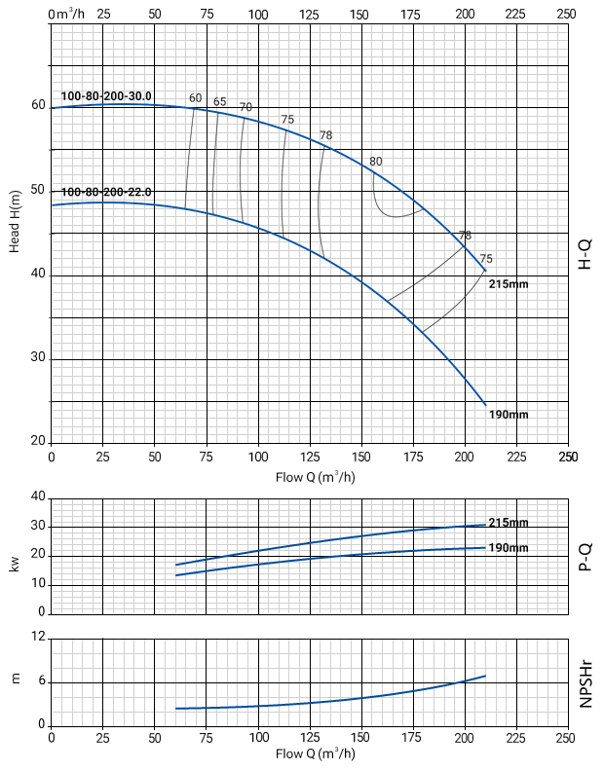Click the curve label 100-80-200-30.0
pos(106,96)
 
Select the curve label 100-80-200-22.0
pos(106,192)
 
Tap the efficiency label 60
pos(195,98)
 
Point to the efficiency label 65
pos(219,102)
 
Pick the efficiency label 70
pos(245,107)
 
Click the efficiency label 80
pos(376,161)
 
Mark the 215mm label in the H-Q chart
pos(508,283)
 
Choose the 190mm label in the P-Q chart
pos(508,548)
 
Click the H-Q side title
pos(585,254)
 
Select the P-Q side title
pos(585,555)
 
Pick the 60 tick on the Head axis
pos(37,105)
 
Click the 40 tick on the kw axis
pos(39,496)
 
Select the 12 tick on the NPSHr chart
pos(39,637)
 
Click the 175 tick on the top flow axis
pos(411,14)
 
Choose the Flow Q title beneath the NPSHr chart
pos(314,754)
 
